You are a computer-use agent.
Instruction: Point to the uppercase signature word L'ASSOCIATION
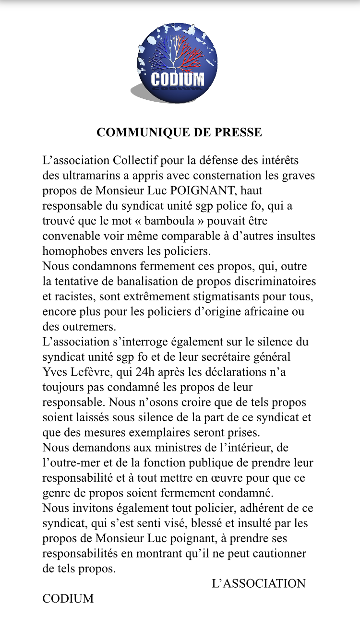(x=259, y=584)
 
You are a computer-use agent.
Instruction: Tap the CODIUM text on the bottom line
(x=68, y=599)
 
